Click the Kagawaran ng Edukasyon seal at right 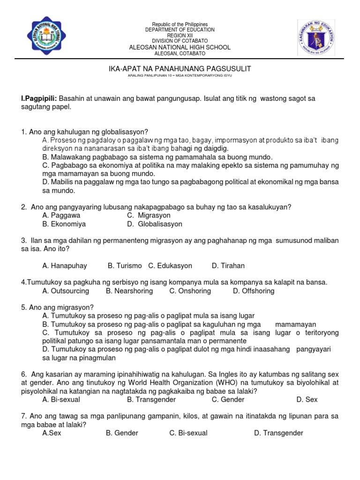pyautogui.click(x=316, y=38)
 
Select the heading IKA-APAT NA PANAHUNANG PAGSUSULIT pyautogui.click(x=180, y=68)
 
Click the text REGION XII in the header pyautogui.click(x=180, y=35)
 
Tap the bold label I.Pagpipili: pyautogui.click(x=39, y=99)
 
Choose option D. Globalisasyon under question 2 pyautogui.click(x=154, y=224)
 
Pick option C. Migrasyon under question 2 pyautogui.click(x=149, y=215)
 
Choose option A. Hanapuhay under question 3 pyautogui.click(x=64, y=266)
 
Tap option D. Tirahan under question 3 pyautogui.click(x=228, y=266)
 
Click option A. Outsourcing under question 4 pyautogui.click(x=65, y=291)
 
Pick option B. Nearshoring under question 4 pyautogui.click(x=129, y=291)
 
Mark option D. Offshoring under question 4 pyautogui.click(x=253, y=291)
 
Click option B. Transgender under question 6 pyautogui.click(x=151, y=399)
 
